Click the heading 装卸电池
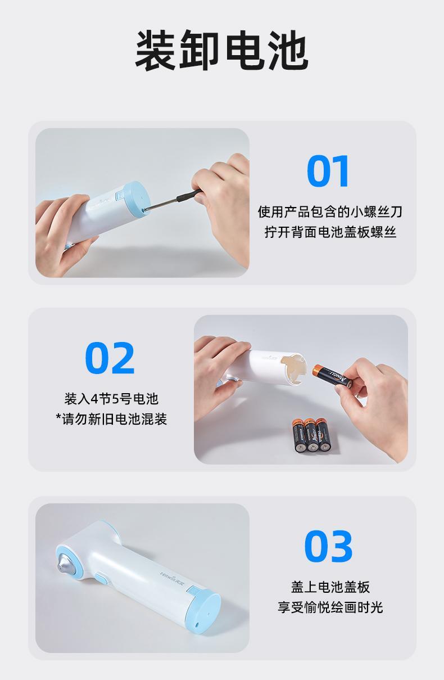[221, 51]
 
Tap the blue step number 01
[328, 171]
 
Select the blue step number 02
[110, 358]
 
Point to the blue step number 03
[328, 546]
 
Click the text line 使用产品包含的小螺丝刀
[330, 211]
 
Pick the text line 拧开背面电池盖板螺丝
[330, 232]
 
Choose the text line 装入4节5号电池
[111, 399]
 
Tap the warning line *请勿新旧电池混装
[111, 419]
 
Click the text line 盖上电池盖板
[330, 587]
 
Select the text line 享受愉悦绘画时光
[330, 607]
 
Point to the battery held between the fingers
[333, 376]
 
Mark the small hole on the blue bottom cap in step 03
[197, 623]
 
